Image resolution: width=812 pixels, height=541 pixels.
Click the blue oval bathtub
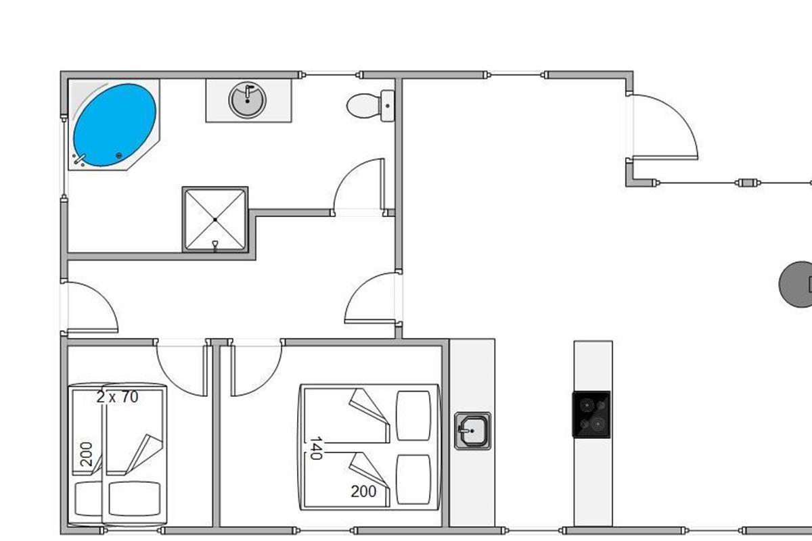(114, 124)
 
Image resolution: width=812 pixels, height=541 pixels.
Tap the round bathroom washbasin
(248, 100)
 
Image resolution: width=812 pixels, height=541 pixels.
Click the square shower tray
(215, 219)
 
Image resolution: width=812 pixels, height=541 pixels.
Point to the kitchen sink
(472, 430)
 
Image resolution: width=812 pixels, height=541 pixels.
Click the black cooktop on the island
(591, 415)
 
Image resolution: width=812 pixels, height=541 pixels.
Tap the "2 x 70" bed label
(117, 397)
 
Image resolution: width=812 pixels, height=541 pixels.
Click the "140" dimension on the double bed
(315, 448)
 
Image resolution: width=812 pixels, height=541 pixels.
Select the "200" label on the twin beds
(86, 454)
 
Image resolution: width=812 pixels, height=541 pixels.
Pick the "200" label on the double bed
(363, 492)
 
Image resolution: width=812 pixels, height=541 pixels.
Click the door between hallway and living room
(369, 298)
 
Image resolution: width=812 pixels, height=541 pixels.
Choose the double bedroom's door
(255, 368)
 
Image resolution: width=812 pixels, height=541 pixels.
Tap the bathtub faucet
(80, 160)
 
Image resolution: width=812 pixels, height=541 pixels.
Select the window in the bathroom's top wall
(330, 74)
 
